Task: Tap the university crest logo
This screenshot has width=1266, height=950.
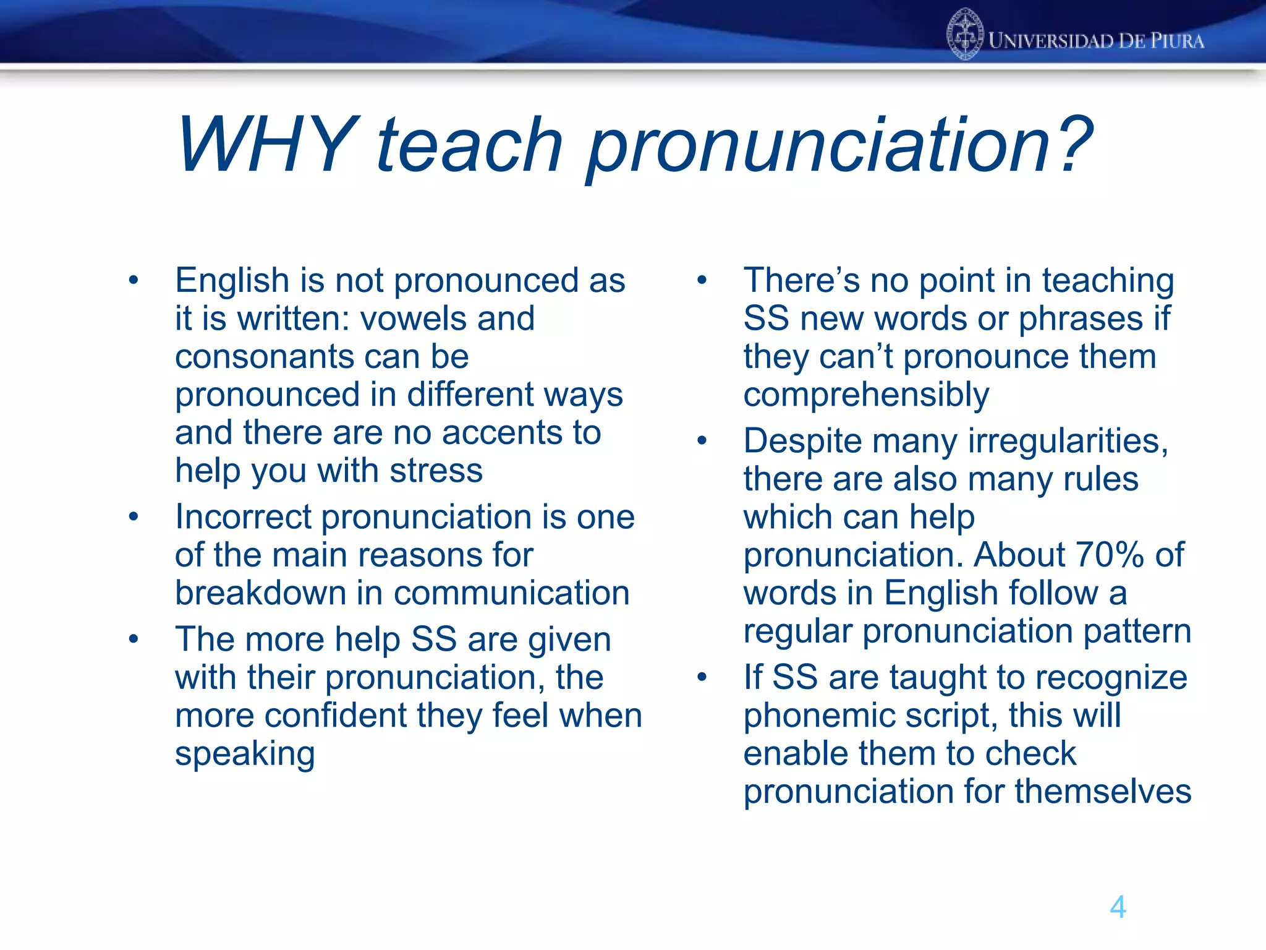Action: pos(965,35)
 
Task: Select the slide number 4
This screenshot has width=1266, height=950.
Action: pos(1118,907)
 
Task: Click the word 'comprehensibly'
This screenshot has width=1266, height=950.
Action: pos(865,395)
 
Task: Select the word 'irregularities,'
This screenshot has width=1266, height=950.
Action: pos(1068,441)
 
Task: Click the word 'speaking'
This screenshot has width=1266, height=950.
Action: pos(245,754)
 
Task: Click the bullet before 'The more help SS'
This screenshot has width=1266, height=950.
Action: pos(134,639)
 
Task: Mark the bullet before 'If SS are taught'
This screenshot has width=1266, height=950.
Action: pos(702,677)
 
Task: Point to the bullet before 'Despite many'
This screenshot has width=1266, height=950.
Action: pos(702,440)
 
